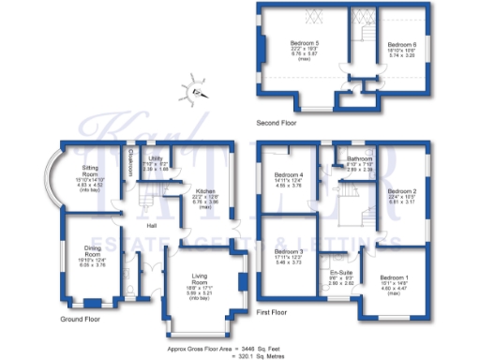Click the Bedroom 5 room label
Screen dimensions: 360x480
pyautogui.click(x=303, y=44)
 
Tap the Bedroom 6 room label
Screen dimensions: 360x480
pyautogui.click(x=401, y=44)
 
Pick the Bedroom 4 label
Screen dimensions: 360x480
pyautogui.click(x=288, y=175)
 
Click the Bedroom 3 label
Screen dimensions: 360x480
pyautogui.click(x=288, y=251)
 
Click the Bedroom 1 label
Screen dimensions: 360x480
pyautogui.click(x=394, y=277)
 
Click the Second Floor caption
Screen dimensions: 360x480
pyautogui.click(x=276, y=122)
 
